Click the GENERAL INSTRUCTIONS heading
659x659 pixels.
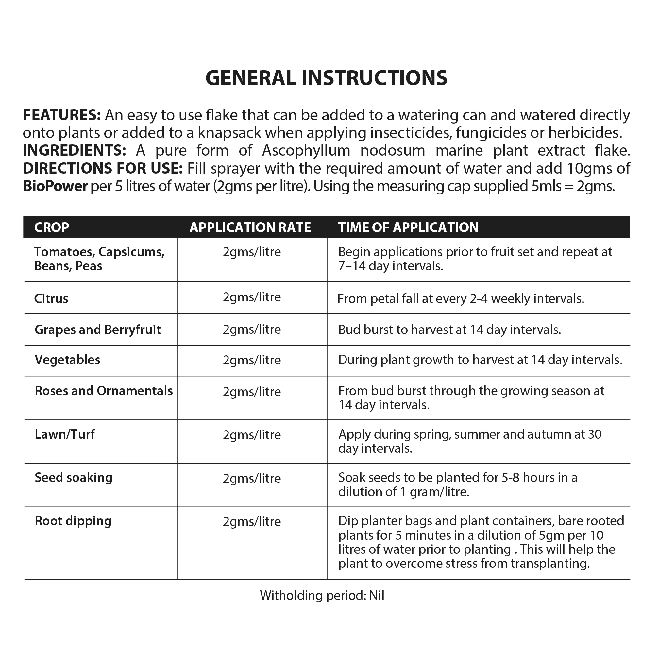tap(326, 78)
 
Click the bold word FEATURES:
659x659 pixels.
tap(62, 115)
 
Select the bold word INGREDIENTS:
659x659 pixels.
tap(74, 150)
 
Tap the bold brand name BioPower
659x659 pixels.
tap(55, 186)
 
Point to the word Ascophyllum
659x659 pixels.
tap(306, 150)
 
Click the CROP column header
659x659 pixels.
tap(52, 227)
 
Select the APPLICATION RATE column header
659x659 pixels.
tap(250, 227)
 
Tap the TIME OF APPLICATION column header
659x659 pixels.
tap(408, 227)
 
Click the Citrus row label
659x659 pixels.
tap(51, 299)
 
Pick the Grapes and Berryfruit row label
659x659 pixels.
tap(97, 330)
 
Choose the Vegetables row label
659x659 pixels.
tap(68, 360)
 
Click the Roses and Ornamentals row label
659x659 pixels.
tap(104, 391)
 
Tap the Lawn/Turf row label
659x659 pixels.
tap(64, 434)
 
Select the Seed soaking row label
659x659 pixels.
tap(73, 478)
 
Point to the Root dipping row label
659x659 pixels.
tap(73, 521)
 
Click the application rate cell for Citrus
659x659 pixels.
tap(252, 297)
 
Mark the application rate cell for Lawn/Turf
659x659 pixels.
tap(252, 435)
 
